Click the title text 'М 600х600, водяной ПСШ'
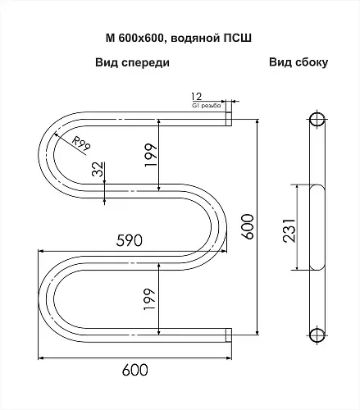[x=179, y=38]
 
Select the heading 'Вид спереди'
[x=132, y=62]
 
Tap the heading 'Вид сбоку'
[x=298, y=62]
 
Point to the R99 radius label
[x=81, y=143]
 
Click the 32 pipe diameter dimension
[x=98, y=169]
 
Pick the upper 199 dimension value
[x=151, y=155]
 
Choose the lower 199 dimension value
[x=149, y=299]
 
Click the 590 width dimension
[x=130, y=241]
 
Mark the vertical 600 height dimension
[x=248, y=227]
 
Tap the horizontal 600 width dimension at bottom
[x=134, y=370]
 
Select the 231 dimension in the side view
[x=289, y=230]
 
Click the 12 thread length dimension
[x=196, y=97]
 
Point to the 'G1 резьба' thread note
[x=207, y=106]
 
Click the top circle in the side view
[x=317, y=120]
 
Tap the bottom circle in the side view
[x=317, y=334]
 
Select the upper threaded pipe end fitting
[x=229, y=119]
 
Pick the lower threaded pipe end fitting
[x=229, y=335]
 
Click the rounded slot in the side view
[x=317, y=227]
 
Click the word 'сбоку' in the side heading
[x=312, y=62]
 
